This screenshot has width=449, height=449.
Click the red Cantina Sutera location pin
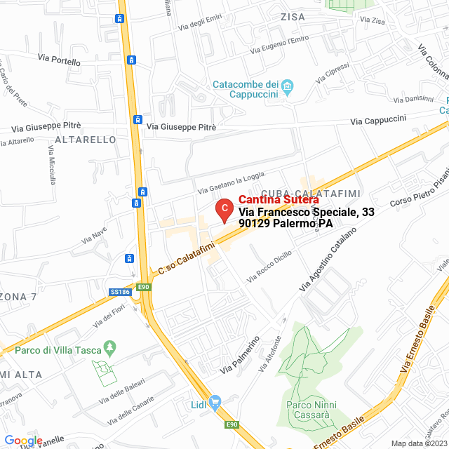(x=223, y=209)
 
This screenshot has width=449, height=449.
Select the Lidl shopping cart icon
(x=216, y=403)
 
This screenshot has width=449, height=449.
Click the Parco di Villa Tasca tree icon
(x=109, y=347)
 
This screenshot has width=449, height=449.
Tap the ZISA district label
(x=293, y=16)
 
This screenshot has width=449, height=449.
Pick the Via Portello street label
(x=60, y=61)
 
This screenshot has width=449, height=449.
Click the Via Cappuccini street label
(x=378, y=121)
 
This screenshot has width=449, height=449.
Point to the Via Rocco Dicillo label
(x=269, y=267)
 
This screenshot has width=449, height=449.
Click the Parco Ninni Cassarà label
(x=311, y=410)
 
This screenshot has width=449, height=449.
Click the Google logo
(x=22, y=440)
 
